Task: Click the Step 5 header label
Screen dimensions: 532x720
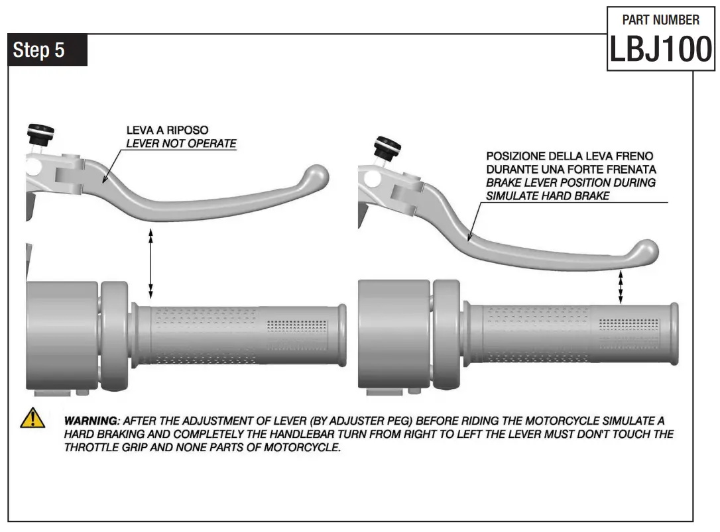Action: [40, 50]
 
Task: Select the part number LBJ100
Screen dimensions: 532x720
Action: [660, 50]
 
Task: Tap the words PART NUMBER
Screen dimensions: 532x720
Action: [660, 20]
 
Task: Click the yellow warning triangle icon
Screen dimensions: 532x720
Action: [32, 419]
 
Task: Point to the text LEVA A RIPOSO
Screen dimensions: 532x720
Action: [167, 131]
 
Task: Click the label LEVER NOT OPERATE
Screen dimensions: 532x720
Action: [181, 143]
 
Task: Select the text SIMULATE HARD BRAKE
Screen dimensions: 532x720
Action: [548, 195]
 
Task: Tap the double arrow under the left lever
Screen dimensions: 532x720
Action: [151, 263]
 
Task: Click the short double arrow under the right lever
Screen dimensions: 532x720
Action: [621, 287]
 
